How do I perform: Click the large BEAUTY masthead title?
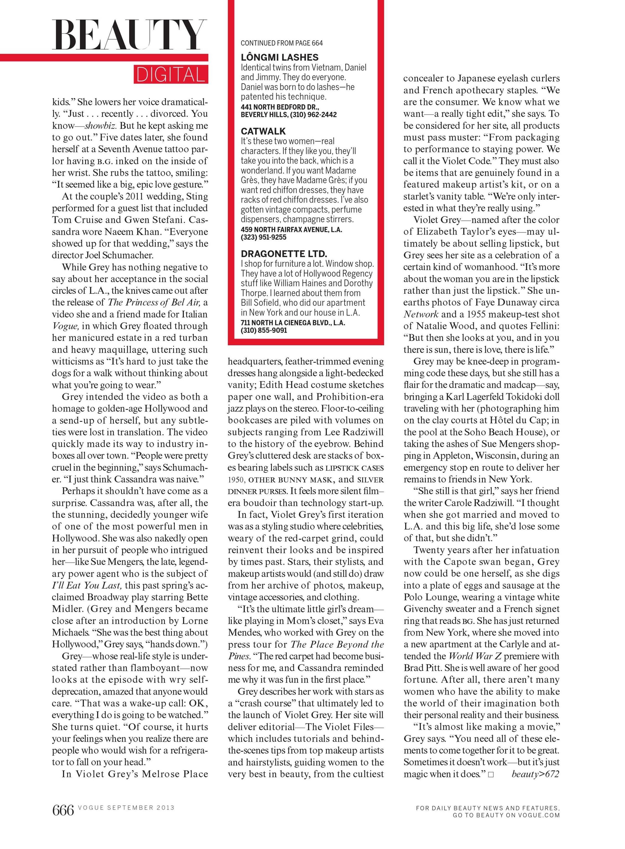tap(129, 35)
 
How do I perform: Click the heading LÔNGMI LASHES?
tap(280, 57)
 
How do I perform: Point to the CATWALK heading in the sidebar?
tap(263, 131)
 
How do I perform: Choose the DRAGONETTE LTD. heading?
tap(284, 254)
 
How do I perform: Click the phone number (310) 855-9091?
tap(264, 330)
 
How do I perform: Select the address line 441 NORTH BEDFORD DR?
tap(280, 107)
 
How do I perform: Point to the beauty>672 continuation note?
tap(535, 774)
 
